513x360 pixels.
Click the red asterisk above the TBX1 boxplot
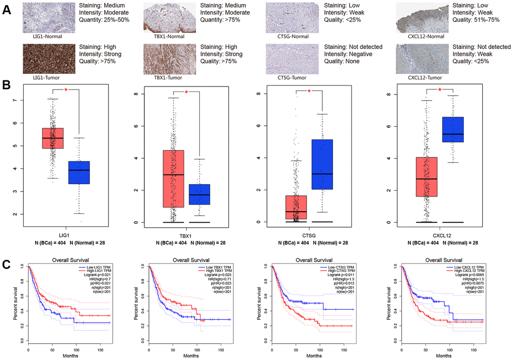point(187,92)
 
